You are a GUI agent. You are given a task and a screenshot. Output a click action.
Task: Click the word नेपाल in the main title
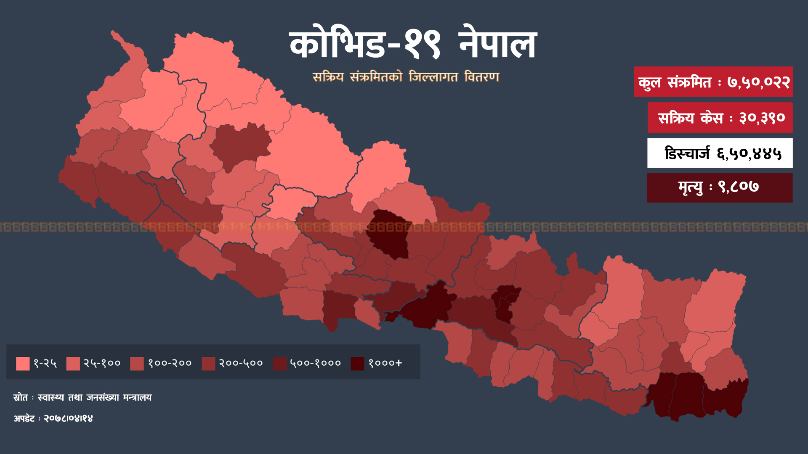pyautogui.click(x=497, y=44)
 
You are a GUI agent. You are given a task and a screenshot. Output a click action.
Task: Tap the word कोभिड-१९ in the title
pyautogui.click(x=364, y=44)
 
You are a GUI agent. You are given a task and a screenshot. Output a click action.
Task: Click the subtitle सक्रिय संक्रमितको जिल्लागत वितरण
pyautogui.click(x=406, y=77)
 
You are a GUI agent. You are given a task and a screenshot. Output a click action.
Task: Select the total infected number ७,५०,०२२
pyautogui.click(x=758, y=82)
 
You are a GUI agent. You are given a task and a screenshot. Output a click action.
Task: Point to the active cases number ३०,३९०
pyautogui.click(x=762, y=118)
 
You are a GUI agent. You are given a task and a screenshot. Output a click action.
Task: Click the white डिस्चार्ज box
pyautogui.click(x=720, y=153)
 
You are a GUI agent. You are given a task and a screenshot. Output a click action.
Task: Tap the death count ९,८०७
pyautogui.click(x=738, y=187)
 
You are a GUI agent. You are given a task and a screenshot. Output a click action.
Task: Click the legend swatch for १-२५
pyautogui.click(x=23, y=364)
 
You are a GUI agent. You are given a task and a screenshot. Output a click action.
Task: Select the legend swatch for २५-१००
pyautogui.click(x=73, y=364)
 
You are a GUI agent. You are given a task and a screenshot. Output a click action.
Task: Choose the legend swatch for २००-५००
pyautogui.click(x=208, y=364)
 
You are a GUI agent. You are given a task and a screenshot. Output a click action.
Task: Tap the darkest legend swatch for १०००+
pyautogui.click(x=357, y=364)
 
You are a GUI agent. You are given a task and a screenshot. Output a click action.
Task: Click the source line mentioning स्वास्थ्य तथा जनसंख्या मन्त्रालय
pyautogui.click(x=95, y=398)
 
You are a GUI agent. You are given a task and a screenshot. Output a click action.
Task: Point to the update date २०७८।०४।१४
pyautogui.click(x=68, y=419)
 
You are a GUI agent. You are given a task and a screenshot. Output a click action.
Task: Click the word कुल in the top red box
pyautogui.click(x=649, y=82)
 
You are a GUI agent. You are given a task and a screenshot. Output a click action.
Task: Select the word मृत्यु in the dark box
pyautogui.click(x=690, y=187)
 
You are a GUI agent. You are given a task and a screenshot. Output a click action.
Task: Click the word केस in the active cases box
pyautogui.click(x=711, y=118)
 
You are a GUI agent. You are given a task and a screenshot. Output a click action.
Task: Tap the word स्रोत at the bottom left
pyautogui.click(x=21, y=398)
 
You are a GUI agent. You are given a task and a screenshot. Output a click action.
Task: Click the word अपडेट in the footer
pyautogui.click(x=24, y=419)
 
